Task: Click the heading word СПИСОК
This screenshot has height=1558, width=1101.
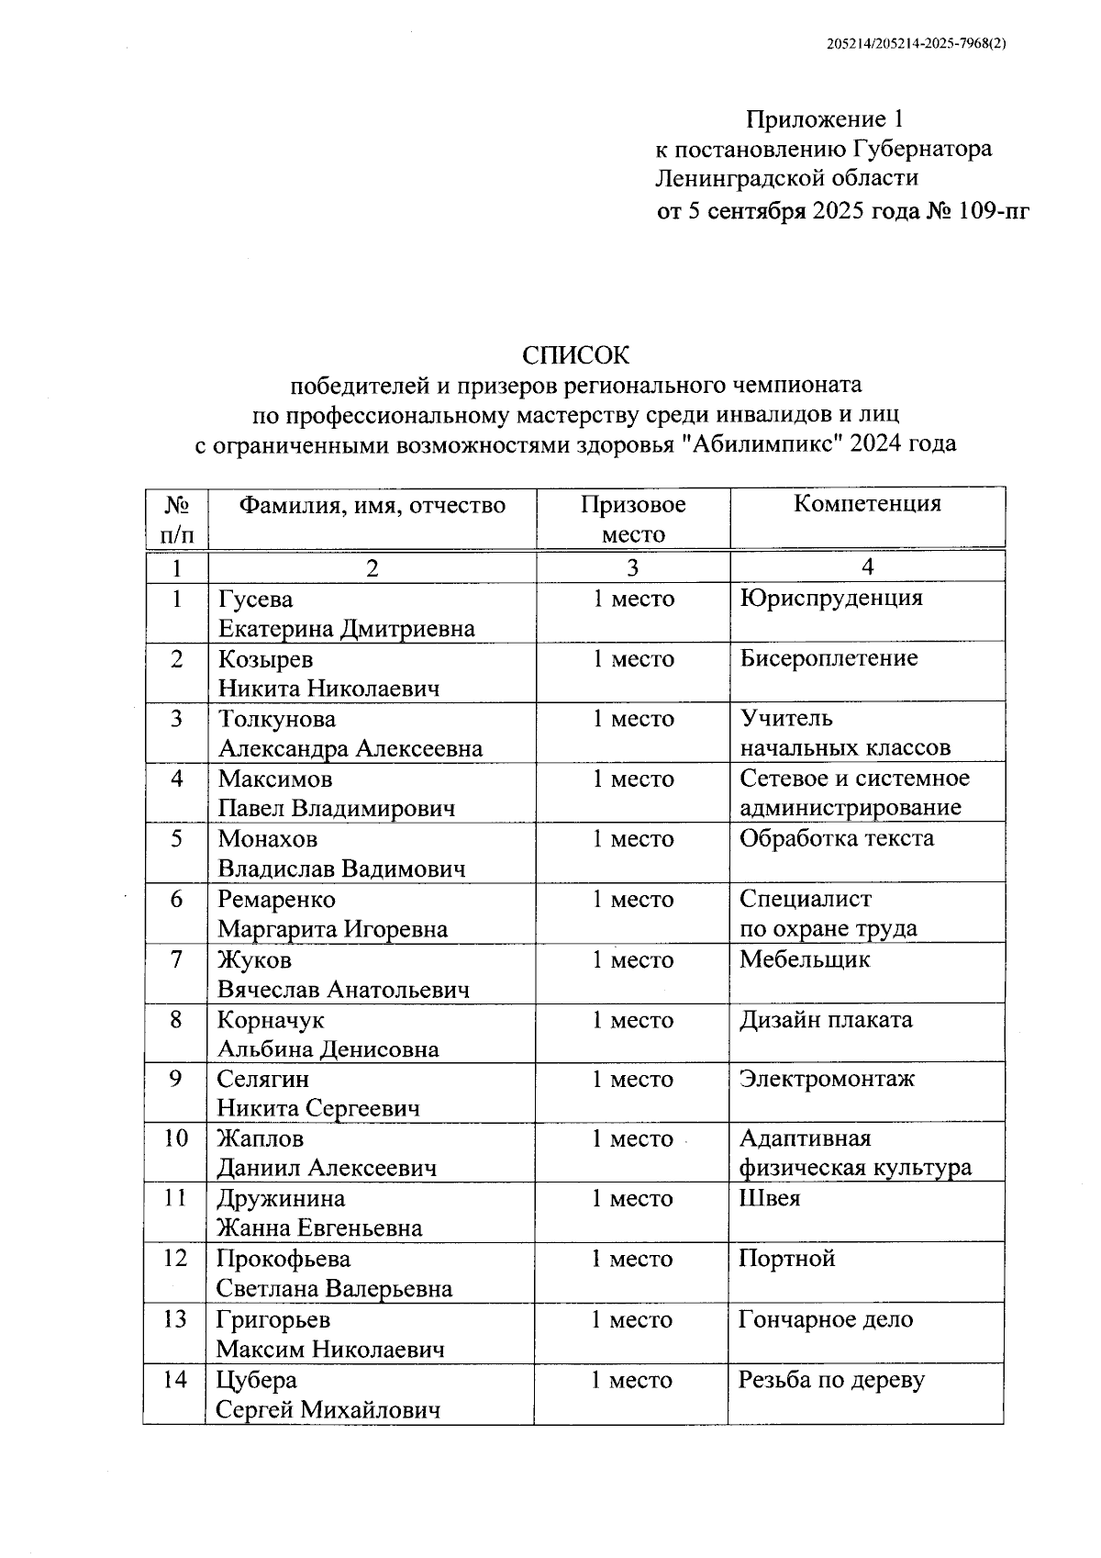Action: click(x=576, y=354)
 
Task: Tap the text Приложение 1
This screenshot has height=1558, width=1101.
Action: click(x=825, y=119)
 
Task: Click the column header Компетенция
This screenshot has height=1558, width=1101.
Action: click(x=867, y=503)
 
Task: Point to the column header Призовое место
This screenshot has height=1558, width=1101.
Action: click(x=633, y=519)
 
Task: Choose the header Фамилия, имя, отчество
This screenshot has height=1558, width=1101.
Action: click(x=372, y=504)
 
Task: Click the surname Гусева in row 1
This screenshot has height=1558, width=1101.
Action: click(x=255, y=600)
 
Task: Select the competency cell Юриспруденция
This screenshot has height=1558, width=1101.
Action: click(x=830, y=599)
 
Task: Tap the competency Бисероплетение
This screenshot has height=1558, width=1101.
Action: click(x=829, y=658)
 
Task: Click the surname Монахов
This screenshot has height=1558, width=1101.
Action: click(x=267, y=839)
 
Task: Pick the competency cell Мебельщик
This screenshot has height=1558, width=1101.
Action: click(x=804, y=959)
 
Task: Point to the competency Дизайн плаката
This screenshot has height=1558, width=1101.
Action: click(x=826, y=1020)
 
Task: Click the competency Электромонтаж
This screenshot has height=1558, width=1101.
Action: click(x=827, y=1079)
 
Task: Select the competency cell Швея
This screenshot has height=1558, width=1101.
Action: click(x=769, y=1198)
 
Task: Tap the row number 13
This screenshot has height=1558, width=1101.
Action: click(x=174, y=1319)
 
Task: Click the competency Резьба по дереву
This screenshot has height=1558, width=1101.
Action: click(x=831, y=1380)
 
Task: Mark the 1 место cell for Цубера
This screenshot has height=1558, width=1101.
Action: click(x=631, y=1380)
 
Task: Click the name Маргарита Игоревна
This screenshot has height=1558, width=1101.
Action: click(x=332, y=929)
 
